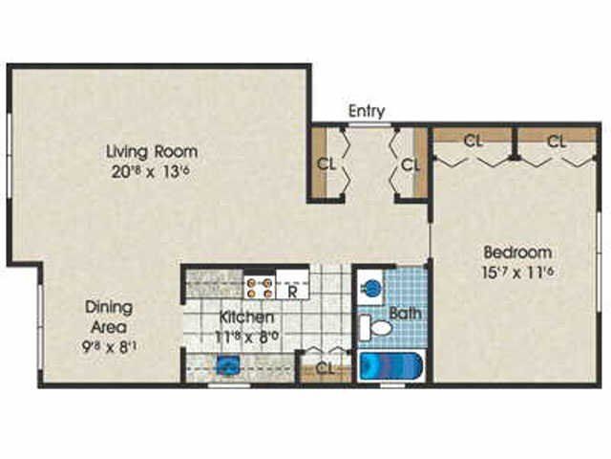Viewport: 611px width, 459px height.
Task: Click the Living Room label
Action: point(152,150)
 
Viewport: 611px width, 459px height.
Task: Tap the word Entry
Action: point(367,111)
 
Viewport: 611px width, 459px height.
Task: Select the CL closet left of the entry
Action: point(327,164)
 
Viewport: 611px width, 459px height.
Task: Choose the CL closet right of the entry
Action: point(411,164)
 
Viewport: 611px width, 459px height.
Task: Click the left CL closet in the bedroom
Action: point(473,142)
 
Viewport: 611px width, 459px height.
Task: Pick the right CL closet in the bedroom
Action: point(558,142)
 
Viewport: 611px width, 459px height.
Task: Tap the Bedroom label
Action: point(517,252)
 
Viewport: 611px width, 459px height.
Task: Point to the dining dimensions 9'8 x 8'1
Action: point(110,347)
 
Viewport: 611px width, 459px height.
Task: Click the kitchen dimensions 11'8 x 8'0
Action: point(247,336)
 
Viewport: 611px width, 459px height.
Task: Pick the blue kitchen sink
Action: point(227,364)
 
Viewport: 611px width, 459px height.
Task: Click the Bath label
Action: point(405,313)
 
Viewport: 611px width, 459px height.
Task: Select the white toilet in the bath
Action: point(380,329)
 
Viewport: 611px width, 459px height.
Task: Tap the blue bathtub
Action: point(391,367)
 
